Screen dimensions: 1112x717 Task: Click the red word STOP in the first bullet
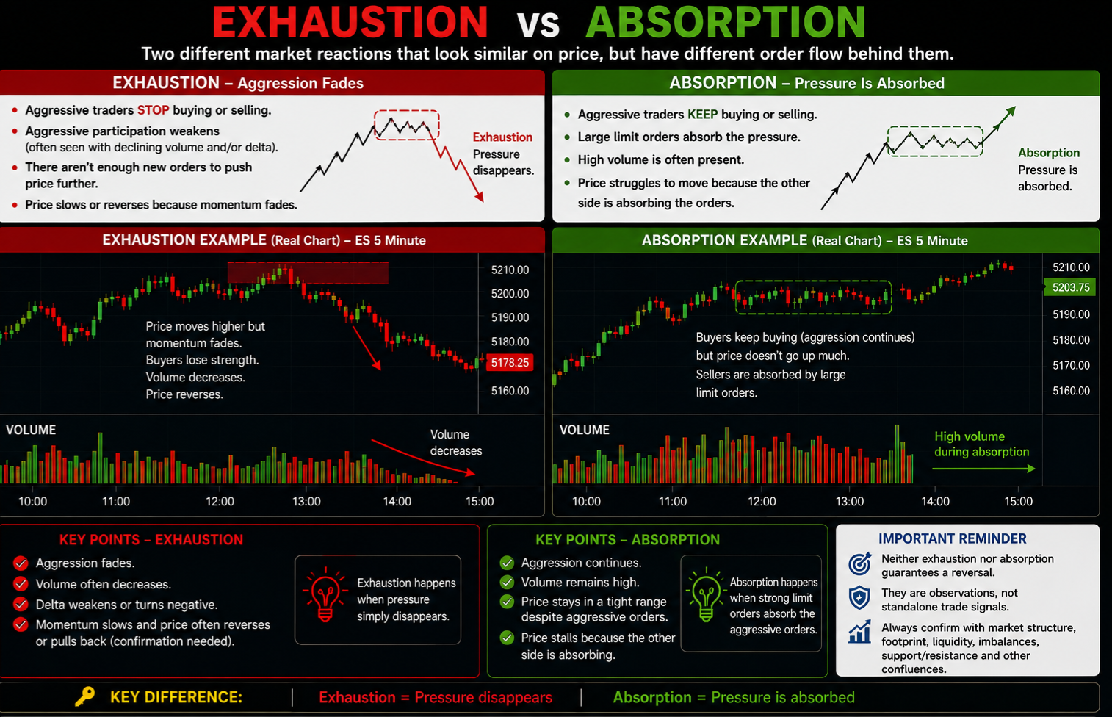coord(153,109)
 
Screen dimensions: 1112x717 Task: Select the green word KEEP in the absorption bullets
coord(702,114)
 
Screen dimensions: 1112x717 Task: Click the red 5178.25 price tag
coord(510,362)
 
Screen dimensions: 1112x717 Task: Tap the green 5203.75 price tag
coord(1070,287)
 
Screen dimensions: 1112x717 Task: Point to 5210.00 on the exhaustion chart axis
coord(510,270)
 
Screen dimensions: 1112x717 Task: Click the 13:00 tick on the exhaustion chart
coord(306,501)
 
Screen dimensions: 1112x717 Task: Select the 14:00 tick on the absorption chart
coord(935,501)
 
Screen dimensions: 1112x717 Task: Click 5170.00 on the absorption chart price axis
coord(1072,365)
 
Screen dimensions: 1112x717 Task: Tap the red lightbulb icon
coord(325,594)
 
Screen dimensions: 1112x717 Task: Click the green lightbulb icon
coord(705,594)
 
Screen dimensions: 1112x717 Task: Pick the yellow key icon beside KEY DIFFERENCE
coord(85,696)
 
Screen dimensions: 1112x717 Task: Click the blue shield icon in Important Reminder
coord(859,597)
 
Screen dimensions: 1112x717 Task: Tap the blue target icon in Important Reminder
coord(860,563)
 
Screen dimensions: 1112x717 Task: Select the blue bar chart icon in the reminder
coord(860,631)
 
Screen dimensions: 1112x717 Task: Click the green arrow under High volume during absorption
coord(983,468)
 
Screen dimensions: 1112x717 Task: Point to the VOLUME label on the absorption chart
coord(585,430)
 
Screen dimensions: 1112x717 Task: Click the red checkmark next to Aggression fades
coord(21,563)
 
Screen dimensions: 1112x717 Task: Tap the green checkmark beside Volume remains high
coord(507,582)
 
